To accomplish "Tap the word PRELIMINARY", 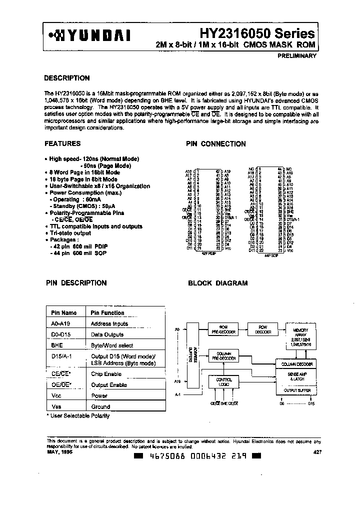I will (x=296, y=56).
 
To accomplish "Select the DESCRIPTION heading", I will (x=67, y=78).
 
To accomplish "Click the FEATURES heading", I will (x=62, y=143).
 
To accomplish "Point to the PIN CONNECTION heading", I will (x=216, y=144).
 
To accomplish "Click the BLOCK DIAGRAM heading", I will (x=217, y=283).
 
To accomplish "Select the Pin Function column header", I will (x=107, y=313).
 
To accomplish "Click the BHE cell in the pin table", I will (x=56, y=345).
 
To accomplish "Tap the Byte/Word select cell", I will (x=112, y=345).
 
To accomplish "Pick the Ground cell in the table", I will (x=100, y=406).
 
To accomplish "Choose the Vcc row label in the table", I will (x=56, y=395).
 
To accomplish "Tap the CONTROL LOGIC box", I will (x=224, y=382).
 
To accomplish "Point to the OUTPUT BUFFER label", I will (x=297, y=389).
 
